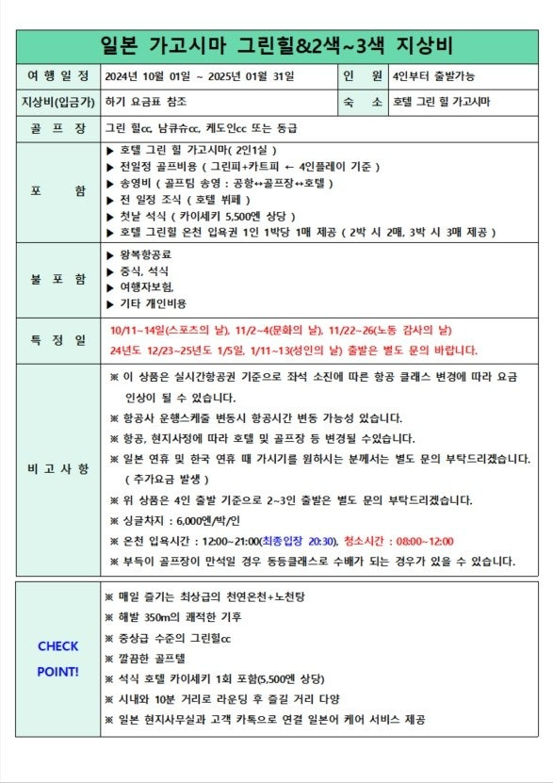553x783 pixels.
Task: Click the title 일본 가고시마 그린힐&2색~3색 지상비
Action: (276, 45)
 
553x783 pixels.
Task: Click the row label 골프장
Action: (58, 126)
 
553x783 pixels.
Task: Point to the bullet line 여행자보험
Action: (147, 286)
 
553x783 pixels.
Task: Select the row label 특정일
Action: (58, 339)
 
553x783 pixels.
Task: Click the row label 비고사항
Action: (58, 468)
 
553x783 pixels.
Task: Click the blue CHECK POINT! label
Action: (58, 659)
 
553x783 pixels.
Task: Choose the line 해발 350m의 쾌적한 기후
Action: (178, 617)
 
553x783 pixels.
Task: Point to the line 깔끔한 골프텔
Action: (157, 659)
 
